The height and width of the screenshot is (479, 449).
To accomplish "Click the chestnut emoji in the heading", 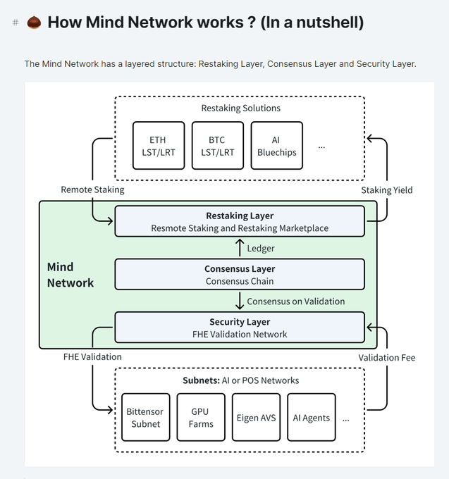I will pyautogui.click(x=33, y=23).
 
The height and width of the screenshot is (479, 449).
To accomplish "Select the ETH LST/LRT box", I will pyautogui.click(x=159, y=146).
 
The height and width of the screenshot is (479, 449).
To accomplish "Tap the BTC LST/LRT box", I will pyautogui.click(x=217, y=146).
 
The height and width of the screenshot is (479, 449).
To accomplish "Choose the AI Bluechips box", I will pyautogui.click(x=276, y=146).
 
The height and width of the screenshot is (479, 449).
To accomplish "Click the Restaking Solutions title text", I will pyautogui.click(x=240, y=108).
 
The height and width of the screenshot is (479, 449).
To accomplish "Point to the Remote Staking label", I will pyautogui.click(x=92, y=189).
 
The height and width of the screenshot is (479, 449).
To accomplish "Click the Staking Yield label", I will pyautogui.click(x=387, y=189).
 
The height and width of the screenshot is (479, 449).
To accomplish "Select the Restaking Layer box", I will pyautogui.click(x=240, y=221).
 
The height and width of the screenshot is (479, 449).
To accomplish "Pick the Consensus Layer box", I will pyautogui.click(x=240, y=275).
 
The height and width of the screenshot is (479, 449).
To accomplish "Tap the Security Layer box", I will pyautogui.click(x=240, y=328).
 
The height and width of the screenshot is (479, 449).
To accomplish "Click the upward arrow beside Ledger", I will pyautogui.click(x=239, y=248).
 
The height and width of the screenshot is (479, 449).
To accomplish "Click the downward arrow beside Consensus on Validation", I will pyautogui.click(x=239, y=301).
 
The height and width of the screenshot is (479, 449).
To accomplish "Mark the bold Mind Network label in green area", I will pyautogui.click(x=70, y=275).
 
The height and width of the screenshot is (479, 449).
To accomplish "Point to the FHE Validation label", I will pyautogui.click(x=92, y=356).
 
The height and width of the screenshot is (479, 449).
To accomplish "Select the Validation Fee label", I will pyautogui.click(x=386, y=357).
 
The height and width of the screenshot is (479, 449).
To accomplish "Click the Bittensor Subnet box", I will pyautogui.click(x=145, y=417).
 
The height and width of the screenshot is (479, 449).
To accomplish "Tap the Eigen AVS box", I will pyautogui.click(x=255, y=417).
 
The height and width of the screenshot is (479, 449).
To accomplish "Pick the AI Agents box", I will pyautogui.click(x=311, y=417).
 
